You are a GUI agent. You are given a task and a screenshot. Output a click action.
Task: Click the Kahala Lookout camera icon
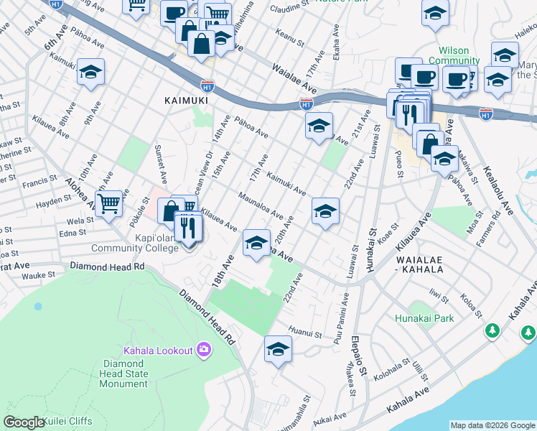click(x=204, y=350)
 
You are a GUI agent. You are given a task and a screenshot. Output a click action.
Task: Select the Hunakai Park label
click(x=424, y=318)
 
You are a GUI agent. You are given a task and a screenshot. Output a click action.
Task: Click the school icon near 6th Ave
click(x=91, y=72)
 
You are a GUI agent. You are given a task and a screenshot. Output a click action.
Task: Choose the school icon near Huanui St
click(x=278, y=349)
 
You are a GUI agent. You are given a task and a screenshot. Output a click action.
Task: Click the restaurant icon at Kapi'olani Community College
click(x=188, y=228)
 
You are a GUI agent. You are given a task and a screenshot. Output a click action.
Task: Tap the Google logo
click(x=24, y=422)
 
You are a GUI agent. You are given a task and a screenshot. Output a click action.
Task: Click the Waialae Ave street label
click(x=294, y=78)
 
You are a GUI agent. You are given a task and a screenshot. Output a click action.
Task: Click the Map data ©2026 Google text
click(x=492, y=425)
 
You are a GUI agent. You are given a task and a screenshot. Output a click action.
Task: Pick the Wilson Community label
click(x=454, y=56)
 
